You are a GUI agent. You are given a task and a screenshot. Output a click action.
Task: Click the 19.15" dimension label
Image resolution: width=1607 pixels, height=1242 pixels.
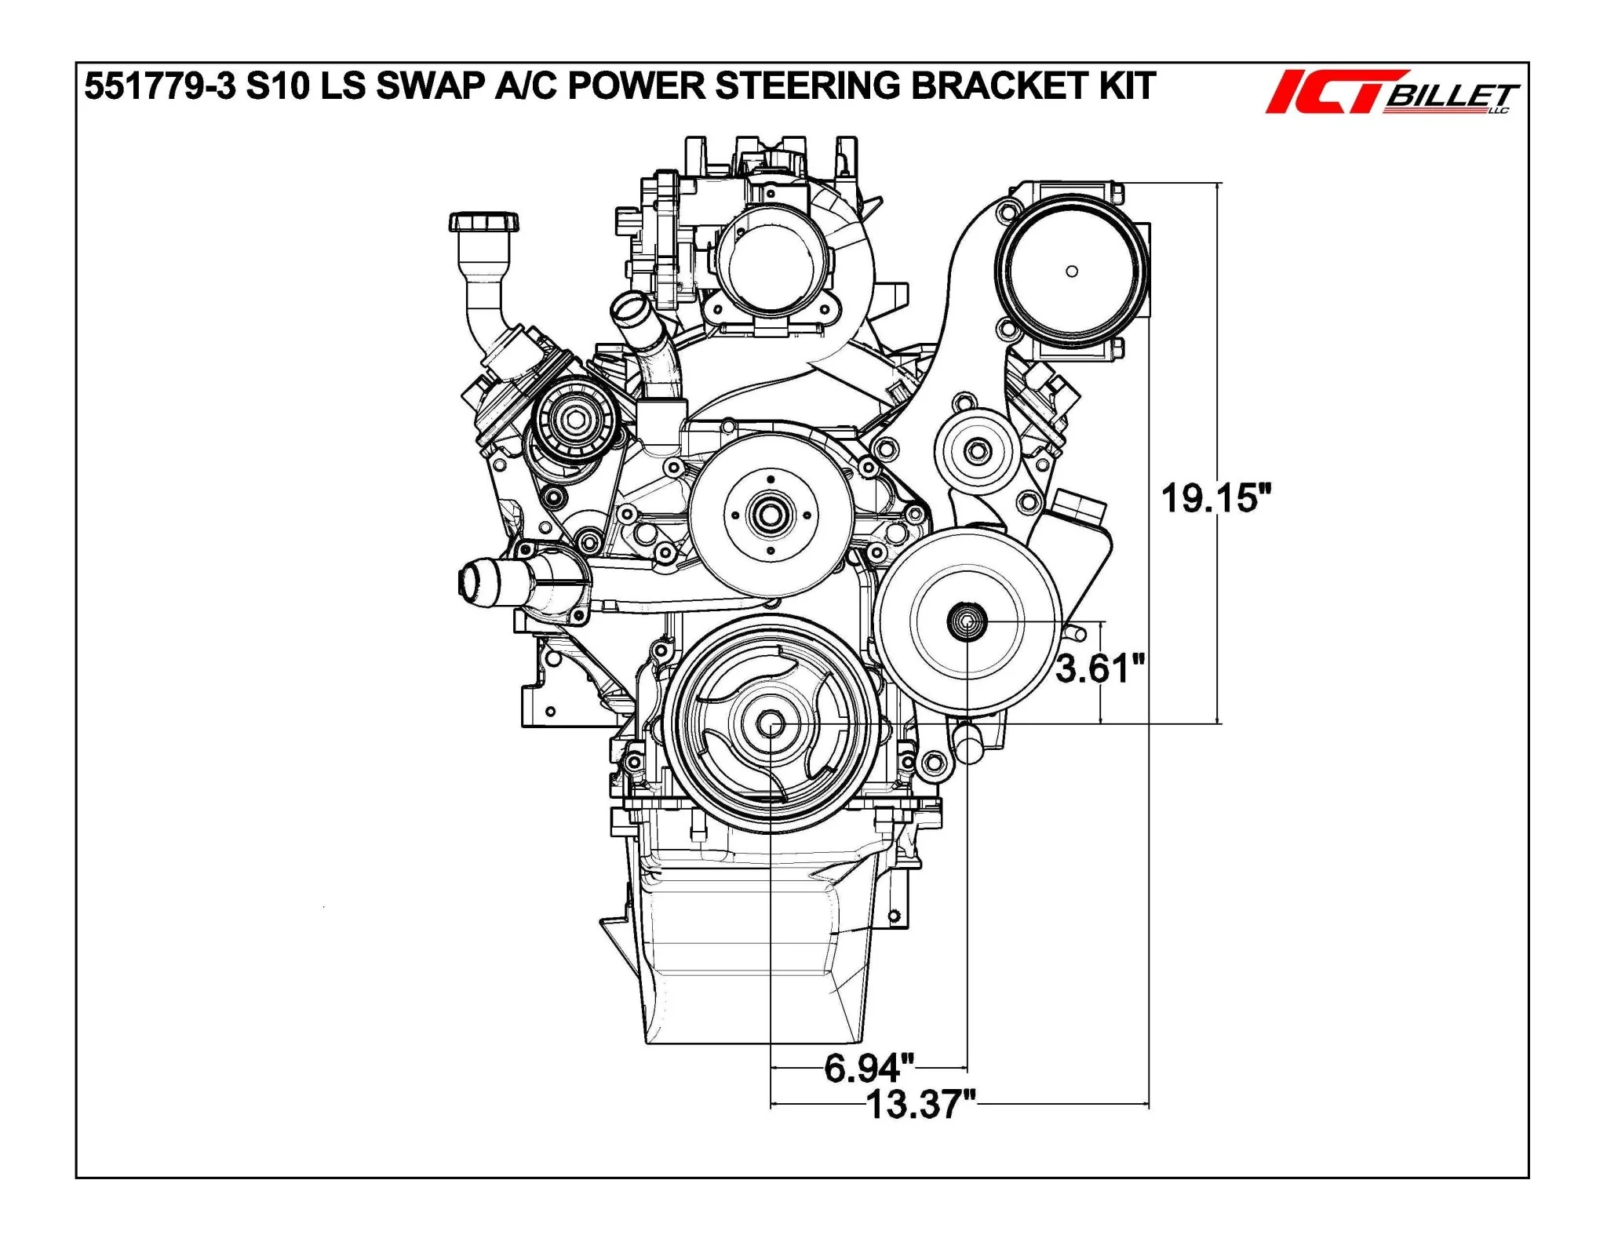coord(1215,498)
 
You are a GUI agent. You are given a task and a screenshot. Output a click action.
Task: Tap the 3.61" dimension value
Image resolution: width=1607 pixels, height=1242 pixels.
coord(1100,668)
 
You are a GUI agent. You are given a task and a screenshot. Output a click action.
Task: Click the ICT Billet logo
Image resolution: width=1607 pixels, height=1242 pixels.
coord(1392,93)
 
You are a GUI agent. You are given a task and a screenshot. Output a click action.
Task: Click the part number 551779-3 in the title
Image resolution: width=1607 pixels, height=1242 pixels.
coord(160,86)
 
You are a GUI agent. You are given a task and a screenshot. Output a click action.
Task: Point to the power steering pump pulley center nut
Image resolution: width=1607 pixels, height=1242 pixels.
coord(967,621)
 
